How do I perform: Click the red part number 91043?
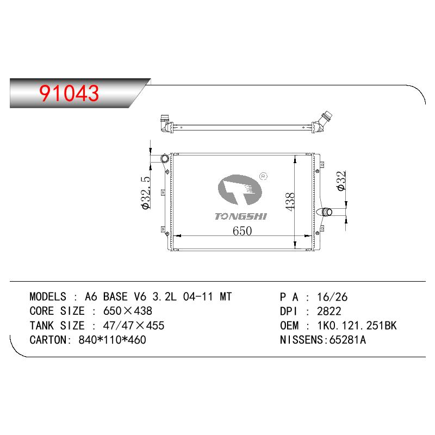pyautogui.click(x=69, y=93)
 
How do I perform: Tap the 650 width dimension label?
pyautogui.click(x=242, y=231)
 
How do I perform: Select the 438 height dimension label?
pyautogui.click(x=290, y=202)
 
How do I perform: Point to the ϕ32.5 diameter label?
pyautogui.click(x=146, y=192)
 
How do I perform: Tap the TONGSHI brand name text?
pyautogui.click(x=241, y=216)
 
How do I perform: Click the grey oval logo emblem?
pyautogui.click(x=240, y=190)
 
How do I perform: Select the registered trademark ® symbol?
pyautogui.click(x=263, y=176)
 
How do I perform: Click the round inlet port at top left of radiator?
pyautogui.click(x=165, y=159)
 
